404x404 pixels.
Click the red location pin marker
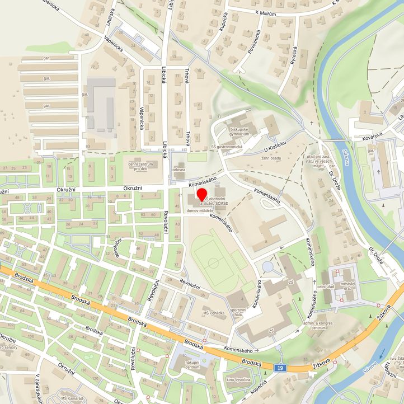(x=202, y=195)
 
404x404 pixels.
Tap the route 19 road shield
(x=281, y=368)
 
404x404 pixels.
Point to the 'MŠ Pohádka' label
(x=214, y=313)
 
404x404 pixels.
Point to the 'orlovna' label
(x=179, y=169)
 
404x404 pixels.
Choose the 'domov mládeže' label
(x=200, y=210)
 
